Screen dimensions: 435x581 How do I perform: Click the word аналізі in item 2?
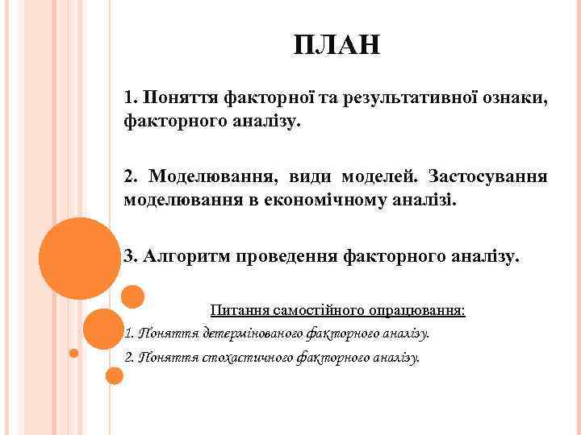428,199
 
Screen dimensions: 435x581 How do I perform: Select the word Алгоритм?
185,257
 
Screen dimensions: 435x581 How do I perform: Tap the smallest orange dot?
73,353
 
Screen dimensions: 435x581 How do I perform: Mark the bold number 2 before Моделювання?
129,175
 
